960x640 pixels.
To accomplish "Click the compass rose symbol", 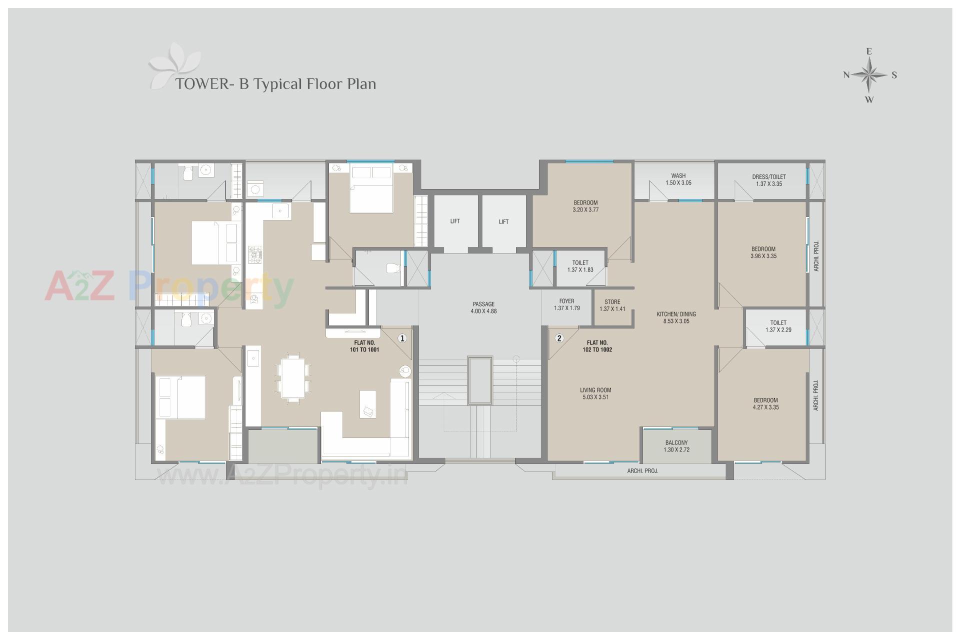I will [869, 75].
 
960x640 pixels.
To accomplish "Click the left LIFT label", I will [454, 221].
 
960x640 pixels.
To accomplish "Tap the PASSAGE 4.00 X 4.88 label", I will [483, 307].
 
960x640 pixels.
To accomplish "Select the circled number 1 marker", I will [402, 338].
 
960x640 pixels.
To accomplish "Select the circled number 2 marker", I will [559, 338].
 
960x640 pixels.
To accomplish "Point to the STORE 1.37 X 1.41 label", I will [612, 305].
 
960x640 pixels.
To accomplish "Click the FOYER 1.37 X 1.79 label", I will [566, 304].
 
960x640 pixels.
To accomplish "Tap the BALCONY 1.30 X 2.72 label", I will [676, 446].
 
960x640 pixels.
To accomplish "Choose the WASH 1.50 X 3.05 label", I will [678, 179].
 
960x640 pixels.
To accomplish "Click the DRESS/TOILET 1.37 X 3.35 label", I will [768, 180].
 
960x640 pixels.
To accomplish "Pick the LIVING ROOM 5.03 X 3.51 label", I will [595, 393].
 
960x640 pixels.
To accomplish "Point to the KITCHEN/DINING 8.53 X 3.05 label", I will [676, 317].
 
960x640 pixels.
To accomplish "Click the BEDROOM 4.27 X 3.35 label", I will [765, 403].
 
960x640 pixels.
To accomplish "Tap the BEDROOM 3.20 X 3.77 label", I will [585, 206].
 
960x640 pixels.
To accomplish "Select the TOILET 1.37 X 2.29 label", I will [778, 326].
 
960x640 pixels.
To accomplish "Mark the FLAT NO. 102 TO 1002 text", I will [597, 346].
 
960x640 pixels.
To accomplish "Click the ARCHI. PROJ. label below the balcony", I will [642, 471].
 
